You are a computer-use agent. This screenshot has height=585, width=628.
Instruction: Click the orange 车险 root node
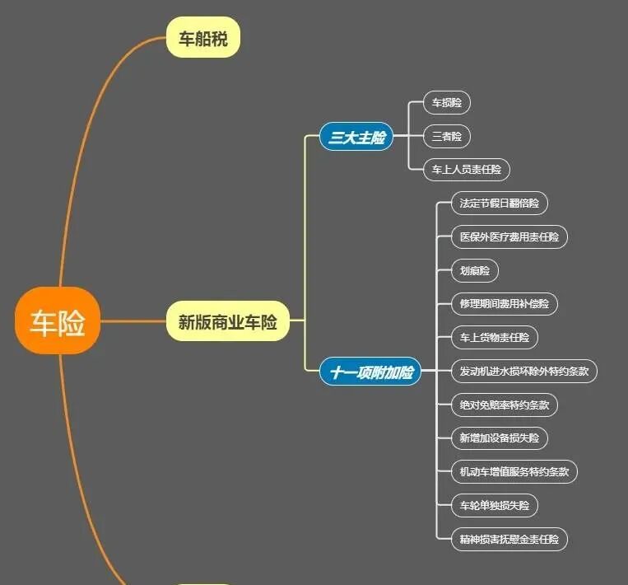pos(58,321)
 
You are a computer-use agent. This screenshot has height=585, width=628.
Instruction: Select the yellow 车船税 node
pos(203,38)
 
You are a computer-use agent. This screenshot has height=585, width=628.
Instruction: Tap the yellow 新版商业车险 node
pos(228,322)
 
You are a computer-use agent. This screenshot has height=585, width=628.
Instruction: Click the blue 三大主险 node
pos(356,138)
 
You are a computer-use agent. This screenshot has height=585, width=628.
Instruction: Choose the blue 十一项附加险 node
pos(370,372)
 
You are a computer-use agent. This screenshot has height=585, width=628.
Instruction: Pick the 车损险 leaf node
pos(447,103)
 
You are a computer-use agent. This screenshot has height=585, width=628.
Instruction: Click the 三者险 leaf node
pos(447,136)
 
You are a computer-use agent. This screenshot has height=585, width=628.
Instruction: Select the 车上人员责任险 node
pos(467,170)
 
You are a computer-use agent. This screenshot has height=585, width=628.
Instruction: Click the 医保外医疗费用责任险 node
pos(509,236)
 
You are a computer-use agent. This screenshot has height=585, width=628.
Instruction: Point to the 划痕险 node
pos(475,270)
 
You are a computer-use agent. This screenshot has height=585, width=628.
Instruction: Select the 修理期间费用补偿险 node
pos(505,303)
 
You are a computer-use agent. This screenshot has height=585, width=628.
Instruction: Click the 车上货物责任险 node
pos(495,337)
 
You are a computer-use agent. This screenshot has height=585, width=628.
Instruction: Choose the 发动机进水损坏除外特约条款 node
pos(524,371)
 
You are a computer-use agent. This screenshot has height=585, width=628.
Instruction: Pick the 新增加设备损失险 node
pos(500,438)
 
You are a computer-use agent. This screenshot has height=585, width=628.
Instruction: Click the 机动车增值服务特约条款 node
pos(514,472)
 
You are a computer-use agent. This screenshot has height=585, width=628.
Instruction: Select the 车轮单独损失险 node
pos(495,505)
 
